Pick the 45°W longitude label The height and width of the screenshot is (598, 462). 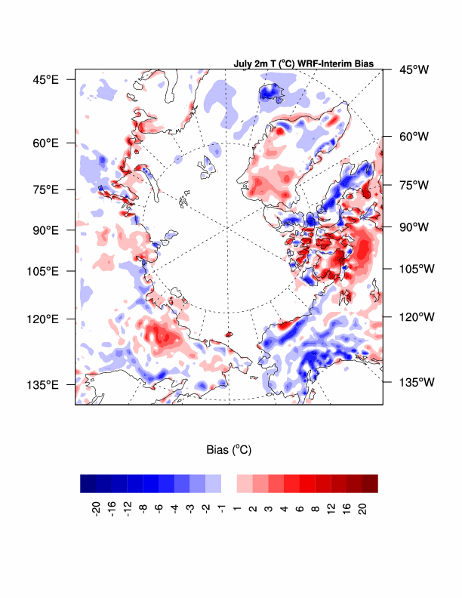(414, 69)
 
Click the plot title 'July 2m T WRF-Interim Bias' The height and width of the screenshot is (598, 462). (303, 64)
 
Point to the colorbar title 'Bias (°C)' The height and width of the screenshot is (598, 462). (229, 449)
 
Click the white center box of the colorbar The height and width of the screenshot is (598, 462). (229, 483)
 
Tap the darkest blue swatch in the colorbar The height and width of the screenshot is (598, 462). (88, 483)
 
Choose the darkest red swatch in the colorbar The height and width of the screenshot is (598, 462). (370, 483)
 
